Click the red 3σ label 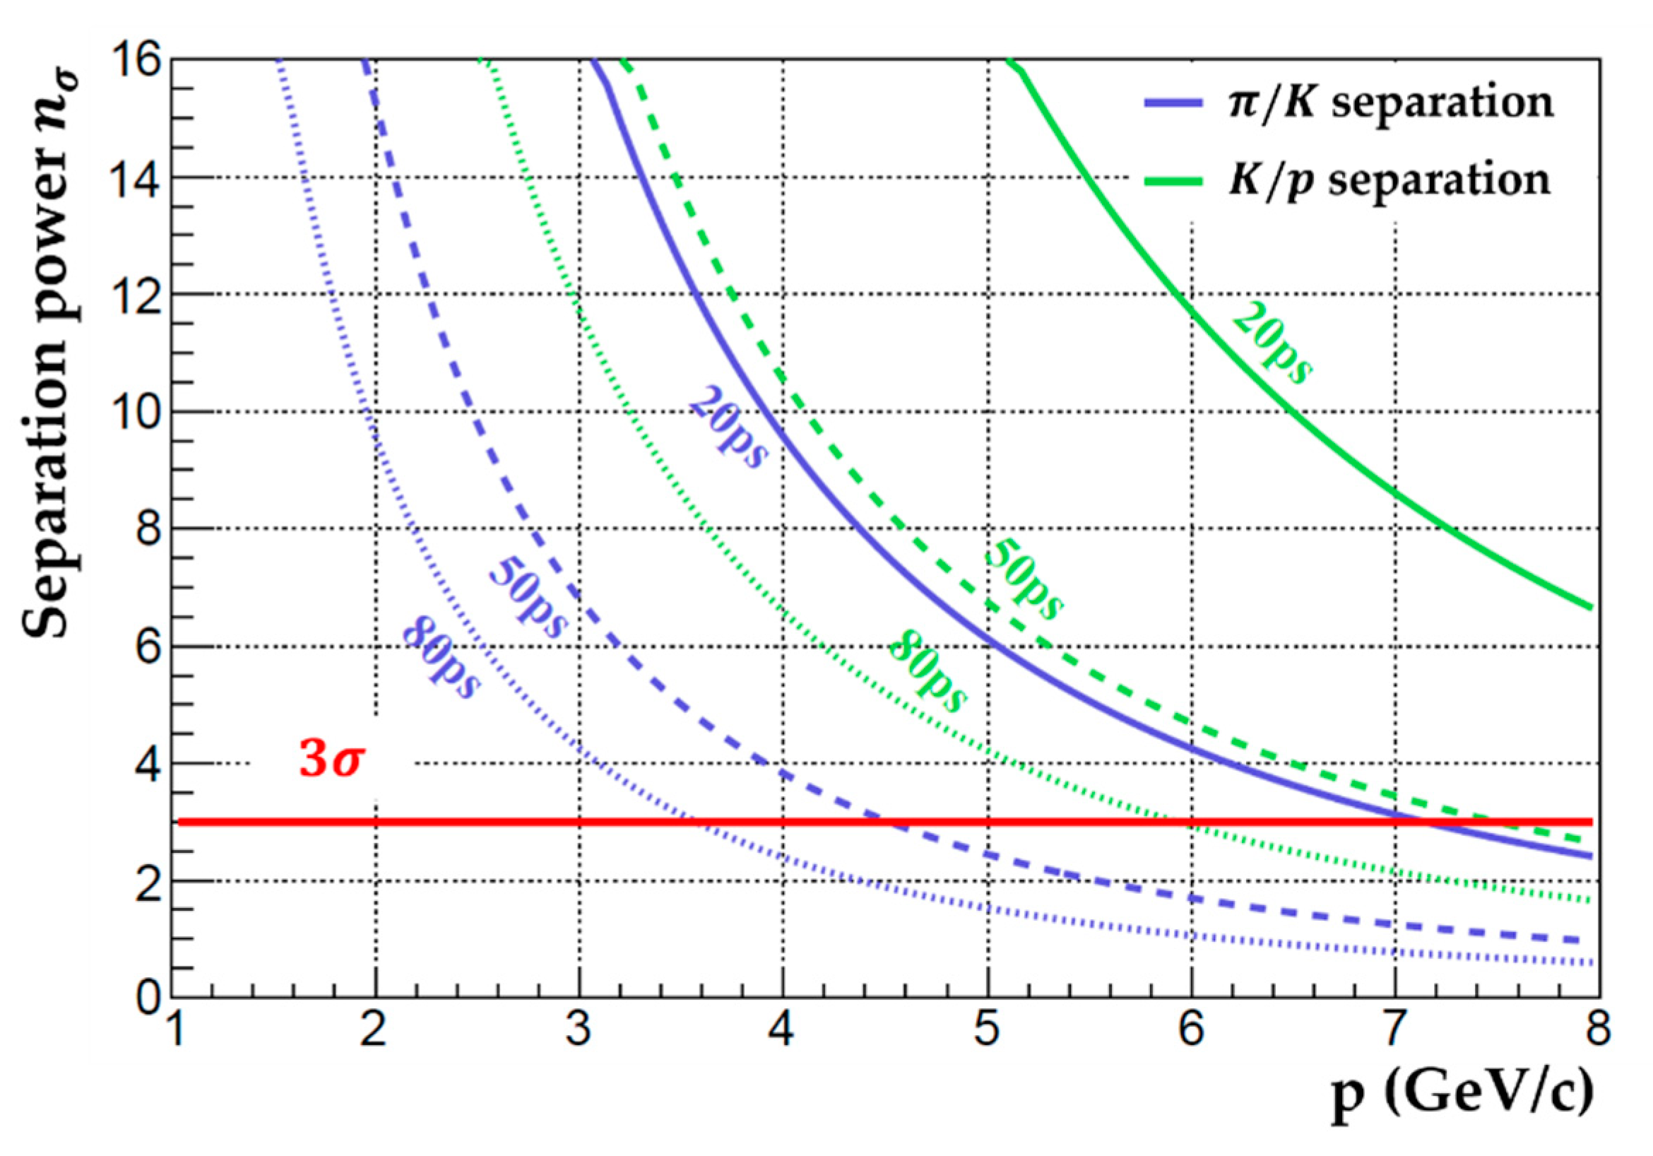(331, 760)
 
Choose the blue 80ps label (440, 659)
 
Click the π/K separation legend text (1390, 103)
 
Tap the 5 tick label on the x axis (987, 1031)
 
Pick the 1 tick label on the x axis (175, 1031)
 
